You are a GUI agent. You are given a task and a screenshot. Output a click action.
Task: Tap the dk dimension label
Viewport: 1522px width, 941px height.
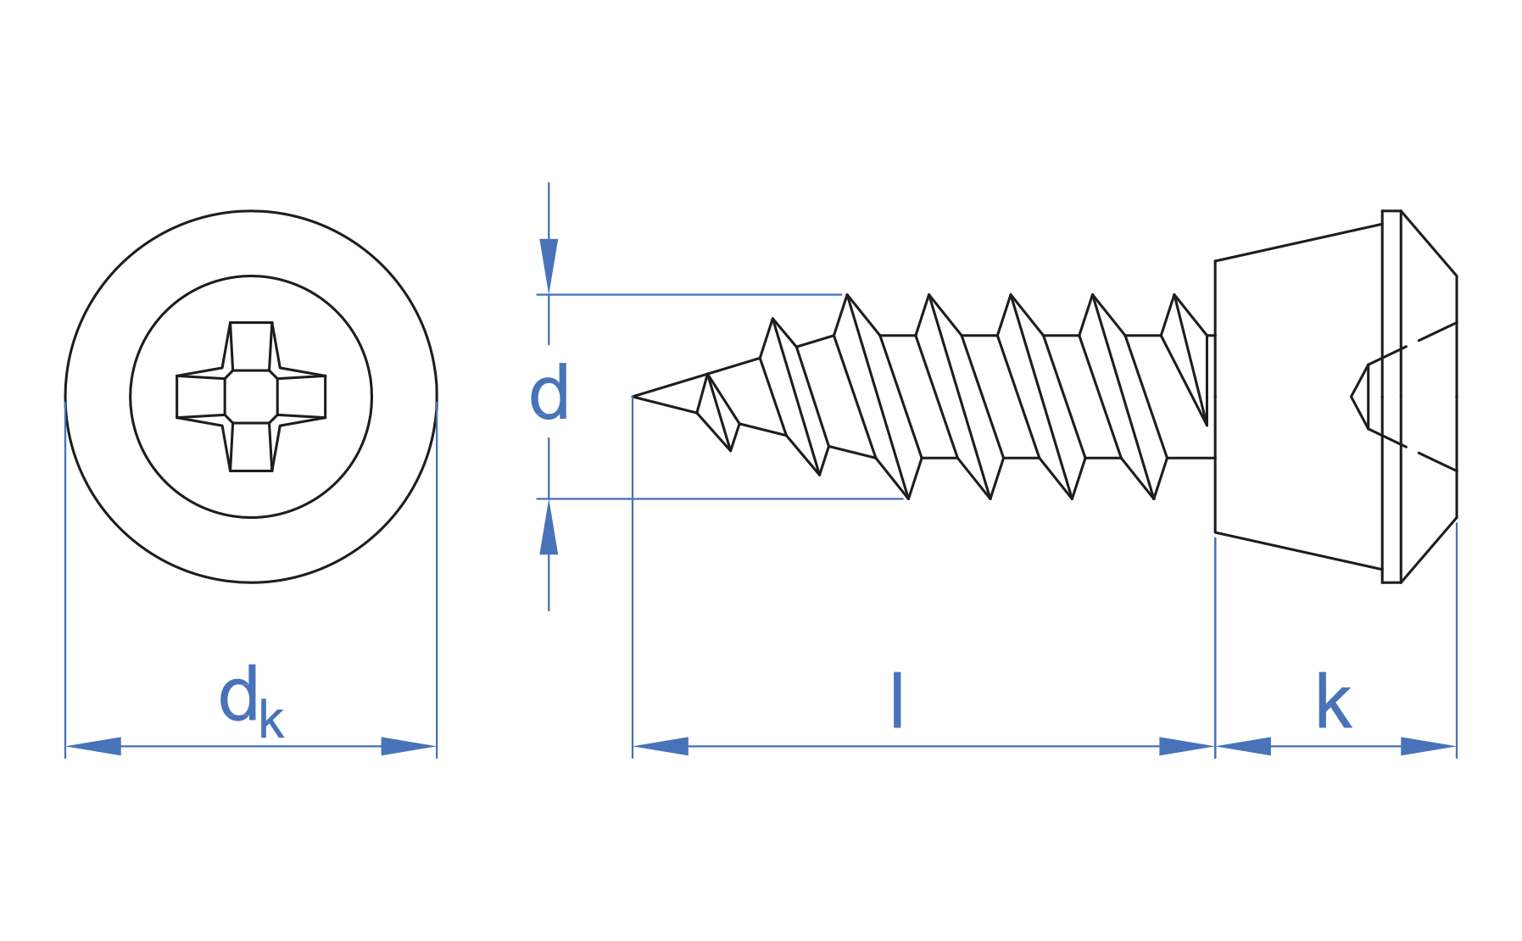(250, 702)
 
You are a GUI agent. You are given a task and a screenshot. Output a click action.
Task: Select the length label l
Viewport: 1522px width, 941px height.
(897, 700)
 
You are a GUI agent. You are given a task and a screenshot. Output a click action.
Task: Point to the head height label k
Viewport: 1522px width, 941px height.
(1333, 703)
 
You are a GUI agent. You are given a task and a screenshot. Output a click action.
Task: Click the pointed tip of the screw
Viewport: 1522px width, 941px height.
(636, 396)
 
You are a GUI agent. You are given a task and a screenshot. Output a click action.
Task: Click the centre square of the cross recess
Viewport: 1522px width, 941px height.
(251, 396)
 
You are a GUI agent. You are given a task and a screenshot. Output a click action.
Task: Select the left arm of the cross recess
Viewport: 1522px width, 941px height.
(200, 396)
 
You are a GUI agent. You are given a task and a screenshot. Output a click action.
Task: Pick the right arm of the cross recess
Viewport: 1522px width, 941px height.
(302, 396)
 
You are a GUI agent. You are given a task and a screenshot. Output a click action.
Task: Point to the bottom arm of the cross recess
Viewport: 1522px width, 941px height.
(251, 447)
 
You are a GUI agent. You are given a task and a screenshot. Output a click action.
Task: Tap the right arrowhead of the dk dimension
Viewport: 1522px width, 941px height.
(409, 746)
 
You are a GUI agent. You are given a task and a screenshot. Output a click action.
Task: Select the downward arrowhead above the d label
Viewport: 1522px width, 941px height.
(549, 265)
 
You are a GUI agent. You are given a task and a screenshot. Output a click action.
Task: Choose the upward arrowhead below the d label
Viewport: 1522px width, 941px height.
(549, 527)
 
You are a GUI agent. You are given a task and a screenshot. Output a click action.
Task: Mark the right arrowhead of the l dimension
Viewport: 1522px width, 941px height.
(1186, 746)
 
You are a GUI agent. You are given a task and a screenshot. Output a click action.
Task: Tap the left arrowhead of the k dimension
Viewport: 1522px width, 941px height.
(1243, 746)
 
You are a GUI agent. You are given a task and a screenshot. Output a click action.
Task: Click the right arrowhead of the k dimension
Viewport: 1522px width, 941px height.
(1429, 746)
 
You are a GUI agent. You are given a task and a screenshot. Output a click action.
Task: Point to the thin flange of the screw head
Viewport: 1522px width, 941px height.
(1391, 396)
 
